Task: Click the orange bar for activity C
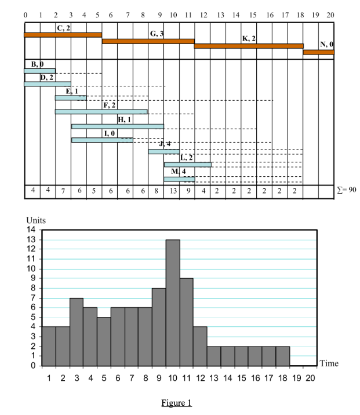(63, 35)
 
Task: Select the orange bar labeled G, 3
(148, 41)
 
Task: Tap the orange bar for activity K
(248, 46)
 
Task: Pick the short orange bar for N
(318, 52)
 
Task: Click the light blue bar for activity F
(101, 111)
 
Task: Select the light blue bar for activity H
(117, 126)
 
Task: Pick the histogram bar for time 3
(77, 332)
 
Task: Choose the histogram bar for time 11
(187, 322)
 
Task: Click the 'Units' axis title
(36, 220)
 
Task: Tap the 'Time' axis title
(329, 363)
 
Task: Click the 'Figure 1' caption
(176, 402)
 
